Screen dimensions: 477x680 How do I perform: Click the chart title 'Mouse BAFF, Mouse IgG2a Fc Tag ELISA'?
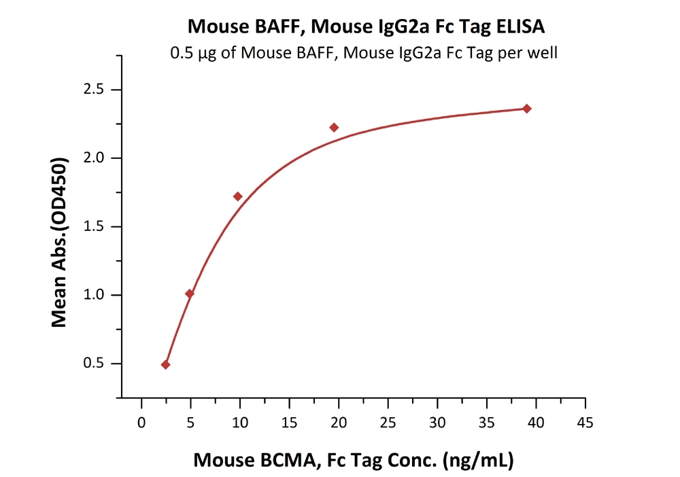tap(366, 26)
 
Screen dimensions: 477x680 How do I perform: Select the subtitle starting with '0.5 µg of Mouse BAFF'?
tap(364, 53)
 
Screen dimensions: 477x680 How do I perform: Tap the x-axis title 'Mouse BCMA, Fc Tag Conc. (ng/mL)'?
tap(354, 460)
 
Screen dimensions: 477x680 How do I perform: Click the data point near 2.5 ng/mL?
tap(165, 365)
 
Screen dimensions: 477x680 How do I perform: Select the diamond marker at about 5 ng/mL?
tap(190, 294)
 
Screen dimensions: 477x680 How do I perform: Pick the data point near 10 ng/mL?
tap(237, 196)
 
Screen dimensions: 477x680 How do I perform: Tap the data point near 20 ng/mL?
tap(334, 127)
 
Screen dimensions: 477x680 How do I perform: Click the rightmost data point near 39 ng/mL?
tap(526, 109)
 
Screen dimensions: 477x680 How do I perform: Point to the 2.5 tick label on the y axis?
tap(95, 90)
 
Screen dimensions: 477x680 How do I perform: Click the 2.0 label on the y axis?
tap(95, 158)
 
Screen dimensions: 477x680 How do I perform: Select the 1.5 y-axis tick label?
tap(95, 227)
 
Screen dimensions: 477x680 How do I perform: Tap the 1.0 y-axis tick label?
tap(95, 295)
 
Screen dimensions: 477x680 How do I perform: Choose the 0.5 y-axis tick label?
tap(95, 364)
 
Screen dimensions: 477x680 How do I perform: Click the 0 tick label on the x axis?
tap(141, 423)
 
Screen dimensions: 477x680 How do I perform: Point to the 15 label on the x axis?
tap(289, 423)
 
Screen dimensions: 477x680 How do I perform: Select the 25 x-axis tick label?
tap(388, 423)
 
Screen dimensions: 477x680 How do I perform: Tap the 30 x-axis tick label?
tap(437, 423)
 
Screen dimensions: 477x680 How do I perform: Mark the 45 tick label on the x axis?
tap(585, 423)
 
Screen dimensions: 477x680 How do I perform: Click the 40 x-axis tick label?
tap(536, 423)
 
